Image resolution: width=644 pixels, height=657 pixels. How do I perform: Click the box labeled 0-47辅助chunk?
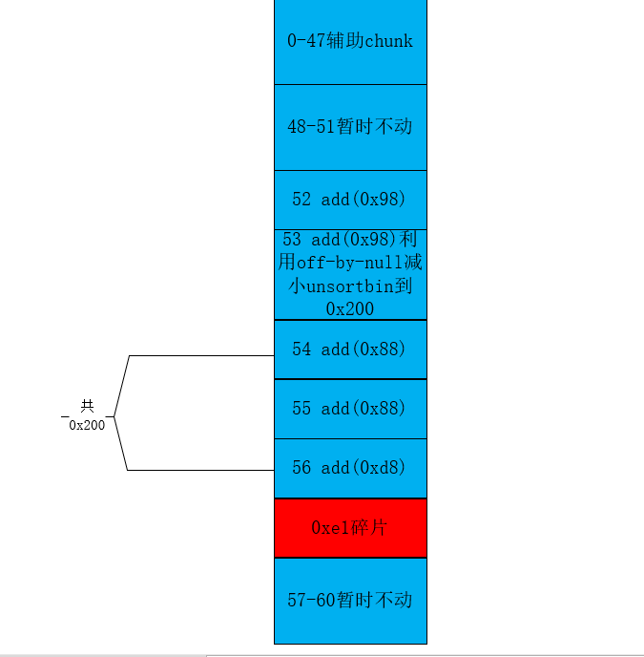pyautogui.click(x=350, y=41)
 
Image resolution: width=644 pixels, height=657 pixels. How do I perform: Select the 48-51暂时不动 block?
pyautogui.click(x=350, y=127)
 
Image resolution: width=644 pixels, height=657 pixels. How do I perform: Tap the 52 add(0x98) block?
pyautogui.click(x=350, y=200)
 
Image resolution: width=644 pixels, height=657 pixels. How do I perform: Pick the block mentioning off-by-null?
pyautogui.click(x=350, y=274)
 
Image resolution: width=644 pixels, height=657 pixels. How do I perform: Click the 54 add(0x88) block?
pyautogui.click(x=350, y=350)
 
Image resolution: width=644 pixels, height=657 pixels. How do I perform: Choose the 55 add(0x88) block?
pyautogui.click(x=350, y=409)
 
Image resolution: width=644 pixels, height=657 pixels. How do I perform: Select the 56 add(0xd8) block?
pyautogui.click(x=350, y=469)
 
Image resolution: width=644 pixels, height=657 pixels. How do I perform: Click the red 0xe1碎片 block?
pyautogui.click(x=350, y=528)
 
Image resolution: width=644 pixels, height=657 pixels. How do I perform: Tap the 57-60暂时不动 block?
pyautogui.click(x=350, y=601)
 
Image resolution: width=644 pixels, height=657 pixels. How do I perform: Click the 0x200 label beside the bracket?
pyautogui.click(x=87, y=425)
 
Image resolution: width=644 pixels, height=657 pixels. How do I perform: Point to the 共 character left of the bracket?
pyautogui.click(x=87, y=406)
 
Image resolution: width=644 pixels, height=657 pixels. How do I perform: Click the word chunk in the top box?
pyautogui.click(x=389, y=41)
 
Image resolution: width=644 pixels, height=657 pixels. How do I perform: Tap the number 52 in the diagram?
pyautogui.click(x=301, y=199)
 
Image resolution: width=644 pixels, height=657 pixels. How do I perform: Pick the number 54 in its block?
pyautogui.click(x=301, y=350)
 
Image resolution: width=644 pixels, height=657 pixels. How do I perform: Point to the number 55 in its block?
pyautogui.click(x=301, y=409)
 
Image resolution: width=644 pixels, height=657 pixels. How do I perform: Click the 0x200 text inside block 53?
pyautogui.click(x=349, y=309)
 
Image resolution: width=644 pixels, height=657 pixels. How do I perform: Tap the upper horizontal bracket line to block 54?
pyautogui.click(x=202, y=356)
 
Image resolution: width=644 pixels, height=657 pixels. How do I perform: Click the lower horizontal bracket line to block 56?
pyautogui.click(x=201, y=470)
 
